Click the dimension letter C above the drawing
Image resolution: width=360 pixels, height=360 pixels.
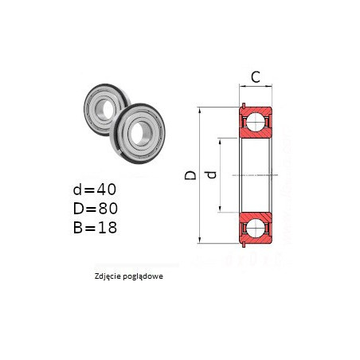point(256,77)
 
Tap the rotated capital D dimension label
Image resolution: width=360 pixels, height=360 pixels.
point(190,174)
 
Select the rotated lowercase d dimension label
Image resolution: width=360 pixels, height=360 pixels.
point(212,174)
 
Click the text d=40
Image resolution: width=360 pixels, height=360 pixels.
point(95,190)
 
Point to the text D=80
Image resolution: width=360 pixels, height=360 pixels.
point(96,209)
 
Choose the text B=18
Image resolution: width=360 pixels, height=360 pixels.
point(95,228)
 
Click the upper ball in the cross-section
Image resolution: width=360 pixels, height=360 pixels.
point(256,122)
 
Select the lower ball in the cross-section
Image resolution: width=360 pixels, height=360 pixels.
point(256,228)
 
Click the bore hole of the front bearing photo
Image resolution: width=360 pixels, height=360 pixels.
point(139,134)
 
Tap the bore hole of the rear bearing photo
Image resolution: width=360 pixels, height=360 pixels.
point(108,109)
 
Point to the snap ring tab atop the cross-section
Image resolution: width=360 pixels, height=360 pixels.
point(244,105)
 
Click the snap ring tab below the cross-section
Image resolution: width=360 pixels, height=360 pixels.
point(244,245)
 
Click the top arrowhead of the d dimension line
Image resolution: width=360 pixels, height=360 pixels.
point(220,141)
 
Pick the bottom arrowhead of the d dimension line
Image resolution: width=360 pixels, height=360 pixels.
point(220,209)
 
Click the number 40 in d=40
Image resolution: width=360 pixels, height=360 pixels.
point(106,190)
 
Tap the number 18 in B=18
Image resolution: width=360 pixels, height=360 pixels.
point(107,228)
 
